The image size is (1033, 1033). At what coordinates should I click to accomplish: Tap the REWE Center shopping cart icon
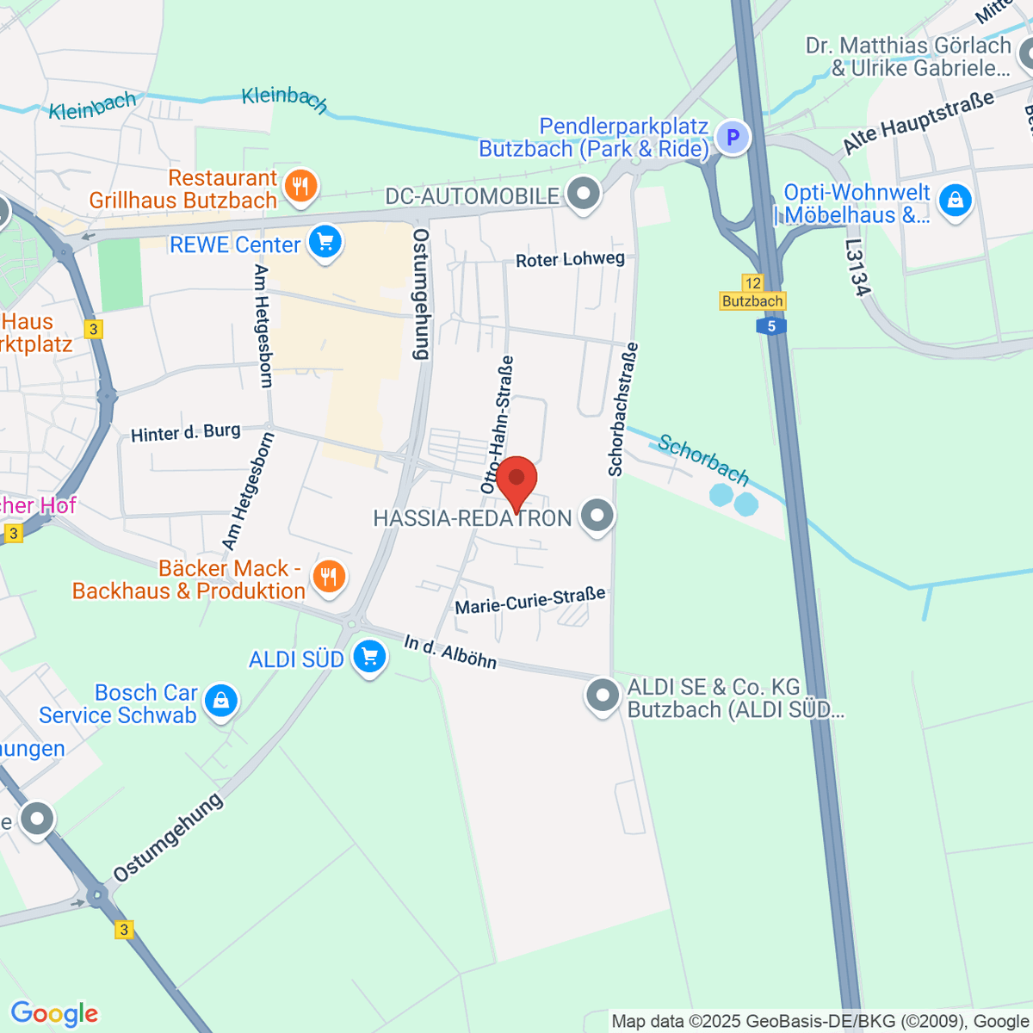pos(325,242)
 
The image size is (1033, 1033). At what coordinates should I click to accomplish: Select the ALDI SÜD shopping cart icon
pos(369,657)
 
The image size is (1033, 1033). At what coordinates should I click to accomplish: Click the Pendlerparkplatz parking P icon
pos(733,136)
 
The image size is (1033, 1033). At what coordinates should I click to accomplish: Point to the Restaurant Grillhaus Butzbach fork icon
pos(300,184)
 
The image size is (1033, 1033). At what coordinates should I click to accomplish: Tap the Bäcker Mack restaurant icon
pos(328,575)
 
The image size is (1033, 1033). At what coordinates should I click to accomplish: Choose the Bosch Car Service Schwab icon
pos(221,700)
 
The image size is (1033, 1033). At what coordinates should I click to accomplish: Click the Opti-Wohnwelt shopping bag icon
pos(955,201)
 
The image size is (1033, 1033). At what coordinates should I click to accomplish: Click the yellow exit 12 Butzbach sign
pos(752,293)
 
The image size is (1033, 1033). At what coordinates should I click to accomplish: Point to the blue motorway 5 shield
pos(771,326)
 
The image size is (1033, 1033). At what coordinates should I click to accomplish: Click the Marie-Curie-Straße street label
pos(530,600)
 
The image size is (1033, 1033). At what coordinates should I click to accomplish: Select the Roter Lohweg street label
pos(570,259)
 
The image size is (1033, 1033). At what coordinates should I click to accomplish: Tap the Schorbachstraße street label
pos(624,409)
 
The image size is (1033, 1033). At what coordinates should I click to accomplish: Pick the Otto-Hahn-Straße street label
pos(498,425)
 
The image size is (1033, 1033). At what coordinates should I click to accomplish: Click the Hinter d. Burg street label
pos(186,432)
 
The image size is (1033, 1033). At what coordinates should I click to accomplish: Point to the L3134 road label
pos(857,268)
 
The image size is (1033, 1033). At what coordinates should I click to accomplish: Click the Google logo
pos(54,1013)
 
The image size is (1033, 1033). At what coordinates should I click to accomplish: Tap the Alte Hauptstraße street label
pos(919,122)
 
